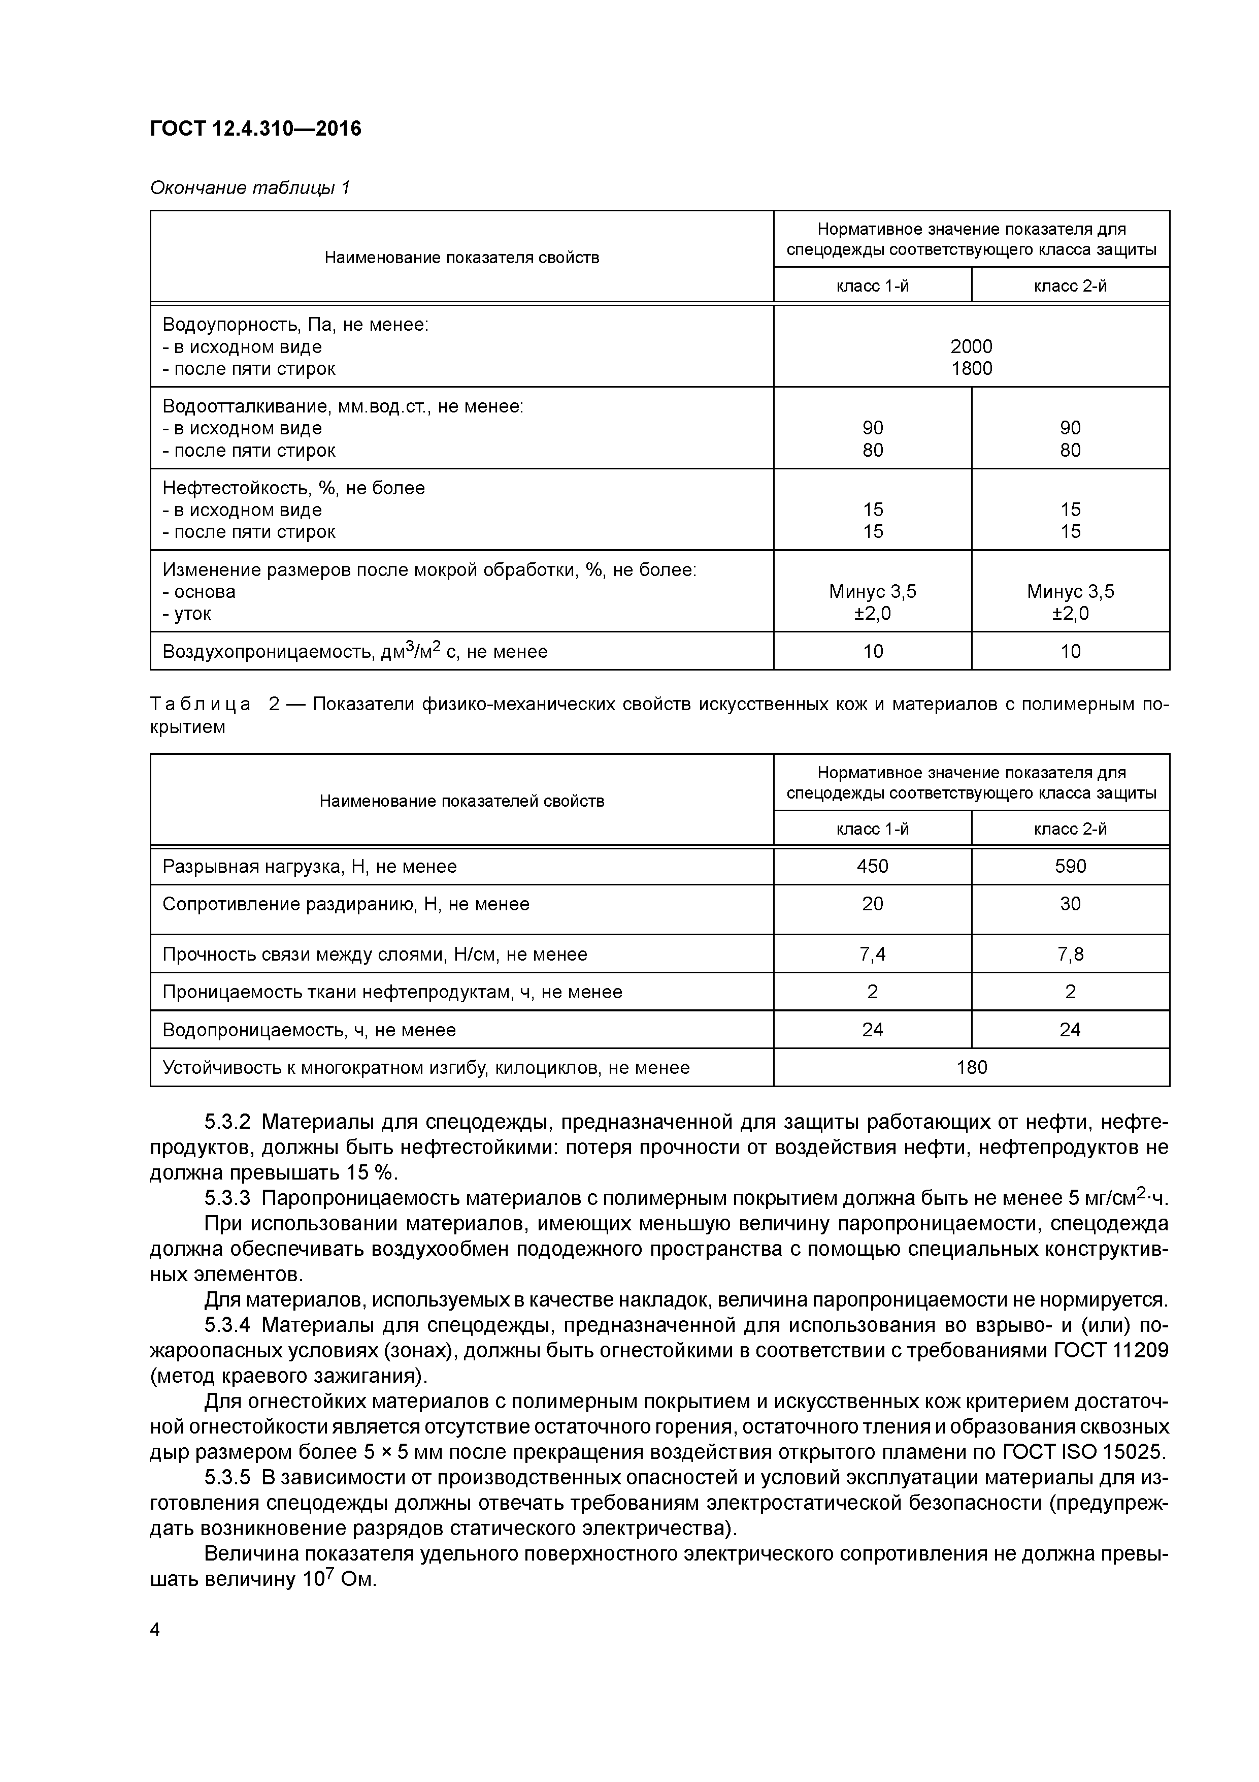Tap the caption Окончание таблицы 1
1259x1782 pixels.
pyautogui.click(x=250, y=188)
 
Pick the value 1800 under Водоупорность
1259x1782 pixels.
pyautogui.click(x=971, y=369)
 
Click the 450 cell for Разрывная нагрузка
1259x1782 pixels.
pyautogui.click(x=872, y=866)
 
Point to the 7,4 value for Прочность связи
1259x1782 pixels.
pyautogui.click(x=872, y=954)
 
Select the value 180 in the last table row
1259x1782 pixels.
pyautogui.click(x=971, y=1067)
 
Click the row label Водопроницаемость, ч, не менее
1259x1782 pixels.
pyautogui.click(x=309, y=1030)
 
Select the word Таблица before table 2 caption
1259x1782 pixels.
pyautogui.click(x=200, y=705)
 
